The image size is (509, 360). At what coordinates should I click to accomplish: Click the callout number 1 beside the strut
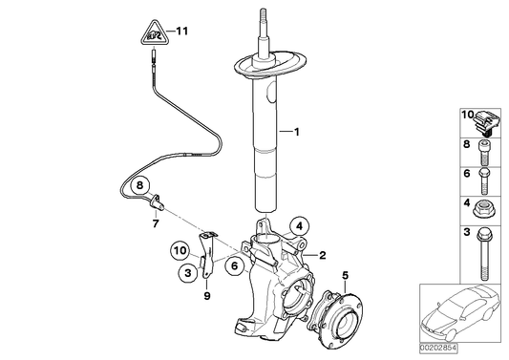(x=297, y=132)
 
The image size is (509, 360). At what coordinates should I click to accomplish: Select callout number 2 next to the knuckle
(x=323, y=255)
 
